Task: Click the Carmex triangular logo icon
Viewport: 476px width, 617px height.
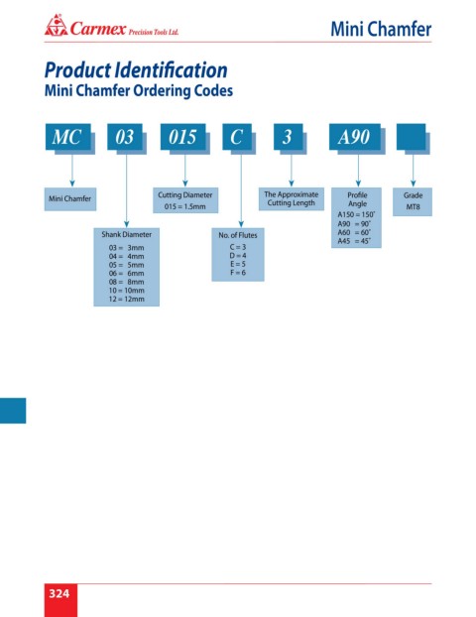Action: tap(56, 26)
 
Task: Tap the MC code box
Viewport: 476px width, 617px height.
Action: tap(68, 137)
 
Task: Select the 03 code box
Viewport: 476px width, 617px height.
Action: tap(125, 137)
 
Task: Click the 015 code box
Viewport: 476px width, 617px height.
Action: tap(182, 137)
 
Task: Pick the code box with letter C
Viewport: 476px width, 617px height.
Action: tap(237, 137)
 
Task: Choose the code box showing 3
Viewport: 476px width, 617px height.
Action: tap(288, 137)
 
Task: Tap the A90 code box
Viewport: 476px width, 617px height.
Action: tap(354, 137)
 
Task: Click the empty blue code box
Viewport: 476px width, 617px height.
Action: tap(411, 137)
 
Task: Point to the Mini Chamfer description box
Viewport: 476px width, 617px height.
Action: tap(70, 199)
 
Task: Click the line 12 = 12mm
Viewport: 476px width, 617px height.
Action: tap(127, 299)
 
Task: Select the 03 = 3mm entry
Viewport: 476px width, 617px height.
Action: tap(127, 248)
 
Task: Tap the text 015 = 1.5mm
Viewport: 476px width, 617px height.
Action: tap(184, 206)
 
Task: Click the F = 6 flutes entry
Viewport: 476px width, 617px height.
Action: tap(238, 273)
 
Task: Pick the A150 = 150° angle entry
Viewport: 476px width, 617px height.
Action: tap(356, 215)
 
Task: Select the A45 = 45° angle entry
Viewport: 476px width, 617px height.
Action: tap(354, 241)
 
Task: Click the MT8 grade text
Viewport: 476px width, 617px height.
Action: tap(414, 206)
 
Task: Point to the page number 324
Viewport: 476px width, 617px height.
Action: tap(59, 593)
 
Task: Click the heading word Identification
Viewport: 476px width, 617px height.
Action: tap(172, 70)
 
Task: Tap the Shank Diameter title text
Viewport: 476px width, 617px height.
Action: tap(127, 234)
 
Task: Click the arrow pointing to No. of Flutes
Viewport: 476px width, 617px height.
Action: tap(241, 191)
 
